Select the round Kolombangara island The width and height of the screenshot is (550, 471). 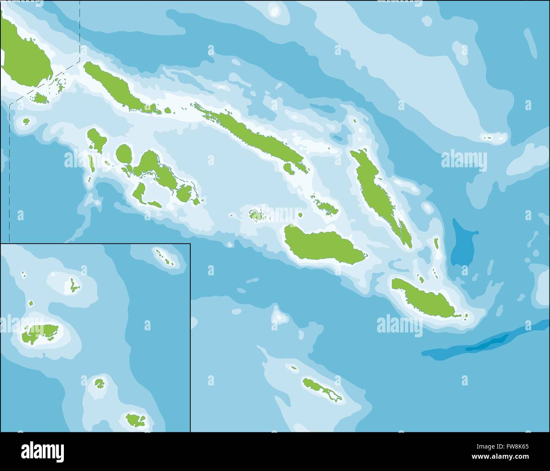pos(124,153)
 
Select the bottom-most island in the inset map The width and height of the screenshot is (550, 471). pos(135,420)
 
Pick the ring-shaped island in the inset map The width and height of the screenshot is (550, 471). pos(99,383)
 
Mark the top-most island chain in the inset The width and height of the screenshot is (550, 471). pos(165,258)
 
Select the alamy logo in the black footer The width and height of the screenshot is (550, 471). pos(42,450)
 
